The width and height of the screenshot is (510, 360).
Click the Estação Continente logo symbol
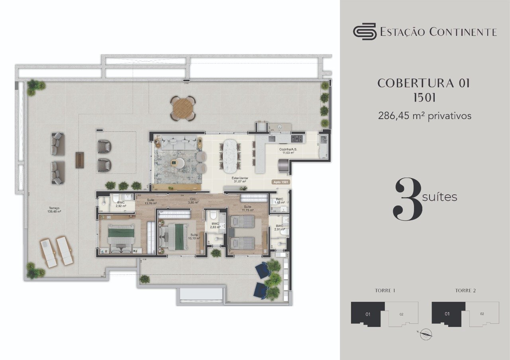(x=364, y=31)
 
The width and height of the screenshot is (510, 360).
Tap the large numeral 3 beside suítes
(x=408, y=199)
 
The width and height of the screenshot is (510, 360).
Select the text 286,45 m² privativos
(x=424, y=116)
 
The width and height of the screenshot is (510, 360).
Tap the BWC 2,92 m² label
(x=121, y=204)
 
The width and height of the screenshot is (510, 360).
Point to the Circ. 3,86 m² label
(x=194, y=201)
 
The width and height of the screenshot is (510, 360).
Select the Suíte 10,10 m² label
(x=194, y=237)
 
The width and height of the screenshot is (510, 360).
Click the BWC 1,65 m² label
(x=280, y=201)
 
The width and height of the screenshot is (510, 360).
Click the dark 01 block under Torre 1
(x=367, y=314)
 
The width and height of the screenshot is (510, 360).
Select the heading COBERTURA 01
(x=424, y=83)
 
